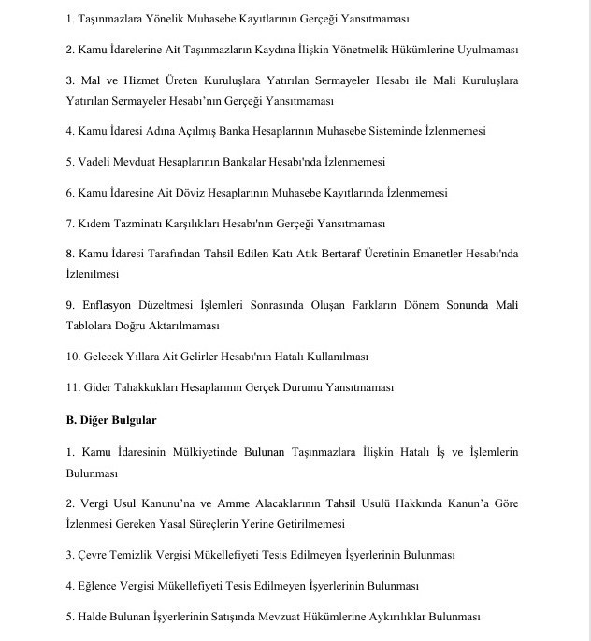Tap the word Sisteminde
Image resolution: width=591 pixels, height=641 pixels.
381,131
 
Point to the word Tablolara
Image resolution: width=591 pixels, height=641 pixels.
92,326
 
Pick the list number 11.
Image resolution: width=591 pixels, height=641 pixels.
73,387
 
